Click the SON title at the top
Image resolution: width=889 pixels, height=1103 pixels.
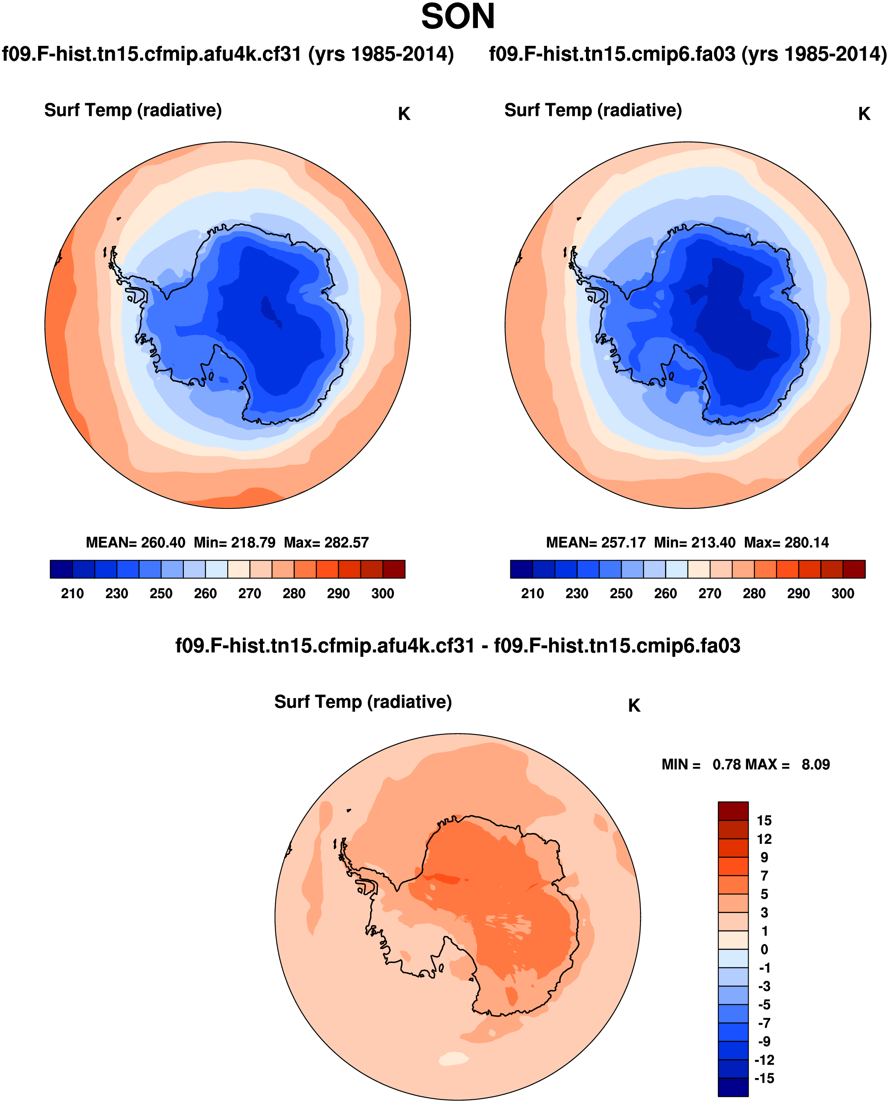457,17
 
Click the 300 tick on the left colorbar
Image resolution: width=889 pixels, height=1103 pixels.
382,594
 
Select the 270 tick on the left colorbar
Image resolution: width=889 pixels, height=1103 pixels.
249,594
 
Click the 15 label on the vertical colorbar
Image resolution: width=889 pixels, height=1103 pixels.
764,820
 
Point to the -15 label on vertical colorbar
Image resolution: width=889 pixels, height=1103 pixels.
764,1078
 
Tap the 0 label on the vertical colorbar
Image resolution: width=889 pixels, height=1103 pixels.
764,949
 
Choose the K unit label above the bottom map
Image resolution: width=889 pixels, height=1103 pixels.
634,705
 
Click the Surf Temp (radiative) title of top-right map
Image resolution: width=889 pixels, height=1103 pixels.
593,110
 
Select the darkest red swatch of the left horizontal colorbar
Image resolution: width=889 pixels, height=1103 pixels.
394,569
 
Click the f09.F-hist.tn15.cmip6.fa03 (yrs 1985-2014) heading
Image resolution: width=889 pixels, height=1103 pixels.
688,54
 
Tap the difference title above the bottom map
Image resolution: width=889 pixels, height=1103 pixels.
457,646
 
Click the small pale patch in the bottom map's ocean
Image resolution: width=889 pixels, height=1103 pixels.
454,1059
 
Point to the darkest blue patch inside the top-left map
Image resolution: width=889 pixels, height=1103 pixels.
269,311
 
